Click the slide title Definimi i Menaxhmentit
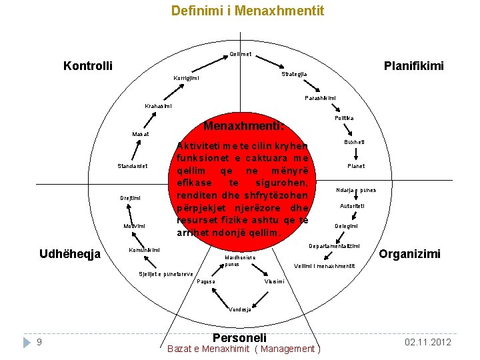pos(248,11)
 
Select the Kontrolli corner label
pos(87,66)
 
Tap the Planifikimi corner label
pos(413,66)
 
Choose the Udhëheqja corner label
pos(70,254)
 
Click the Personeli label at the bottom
pos(239,338)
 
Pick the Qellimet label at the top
pos(240,54)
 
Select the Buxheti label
pos(354,142)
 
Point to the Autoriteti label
pos(352,206)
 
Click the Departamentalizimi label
pos(335,246)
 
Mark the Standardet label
pos(133,166)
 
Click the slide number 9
pos(40,343)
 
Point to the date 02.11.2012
pos(428,343)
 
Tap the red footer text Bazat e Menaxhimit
pos(209,349)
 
